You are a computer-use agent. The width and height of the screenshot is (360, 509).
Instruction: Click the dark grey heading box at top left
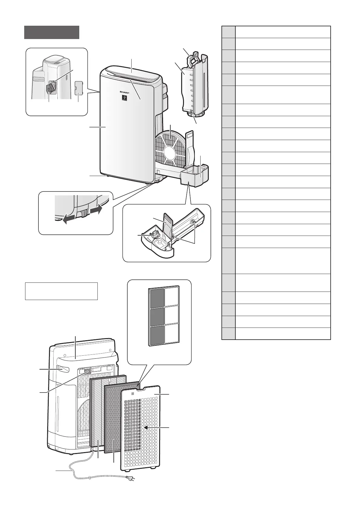pyautogui.click(x=52, y=32)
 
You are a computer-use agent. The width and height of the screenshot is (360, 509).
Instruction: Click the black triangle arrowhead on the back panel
pyautogui.click(x=146, y=428)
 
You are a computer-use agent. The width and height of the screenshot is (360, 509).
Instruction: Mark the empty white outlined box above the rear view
pyautogui.click(x=61, y=291)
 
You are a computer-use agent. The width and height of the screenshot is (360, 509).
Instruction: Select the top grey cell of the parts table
pyautogui.click(x=228, y=32)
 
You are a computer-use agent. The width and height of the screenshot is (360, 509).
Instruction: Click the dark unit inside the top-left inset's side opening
pyautogui.click(x=50, y=89)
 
